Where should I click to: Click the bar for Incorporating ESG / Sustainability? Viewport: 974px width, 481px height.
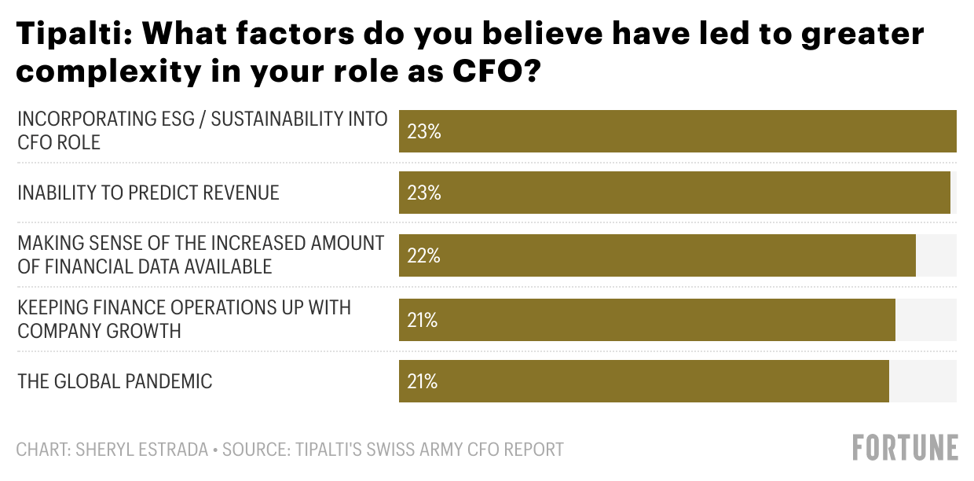pos(677,131)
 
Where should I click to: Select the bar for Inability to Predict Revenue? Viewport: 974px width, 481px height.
pos(675,193)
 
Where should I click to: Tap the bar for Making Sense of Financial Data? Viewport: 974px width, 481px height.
pos(657,255)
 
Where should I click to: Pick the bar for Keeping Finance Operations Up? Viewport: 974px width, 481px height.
pos(647,320)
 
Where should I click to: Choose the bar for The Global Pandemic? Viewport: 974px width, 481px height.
pos(644,381)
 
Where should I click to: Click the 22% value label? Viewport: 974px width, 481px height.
pos(423,255)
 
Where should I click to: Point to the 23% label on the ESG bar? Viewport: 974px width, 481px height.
pos(424,131)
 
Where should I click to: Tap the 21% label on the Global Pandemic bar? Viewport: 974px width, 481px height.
pos(423,381)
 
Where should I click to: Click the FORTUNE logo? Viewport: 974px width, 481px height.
pos(906,447)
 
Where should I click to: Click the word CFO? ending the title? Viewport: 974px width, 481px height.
pos(497,72)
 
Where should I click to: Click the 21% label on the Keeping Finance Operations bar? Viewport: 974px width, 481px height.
pos(423,320)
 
